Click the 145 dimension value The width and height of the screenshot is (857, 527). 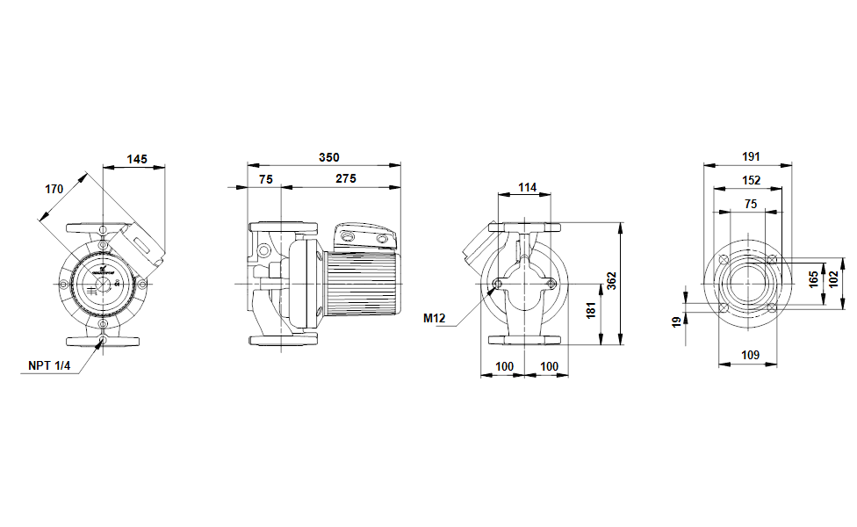pyautogui.click(x=137, y=159)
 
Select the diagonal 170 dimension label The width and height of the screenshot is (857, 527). pyautogui.click(x=54, y=189)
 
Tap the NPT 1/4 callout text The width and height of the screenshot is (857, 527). pyautogui.click(x=49, y=365)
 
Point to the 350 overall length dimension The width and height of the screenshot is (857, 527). pyautogui.click(x=329, y=157)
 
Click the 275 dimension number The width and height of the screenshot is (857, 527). pyautogui.click(x=346, y=179)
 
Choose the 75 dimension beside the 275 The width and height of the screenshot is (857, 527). pyautogui.click(x=266, y=179)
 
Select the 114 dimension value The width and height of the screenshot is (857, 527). pyautogui.click(x=528, y=187)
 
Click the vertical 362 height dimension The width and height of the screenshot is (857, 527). pyautogui.click(x=612, y=281)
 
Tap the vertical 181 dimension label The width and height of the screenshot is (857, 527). pyautogui.click(x=591, y=310)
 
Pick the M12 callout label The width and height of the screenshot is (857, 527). pyautogui.click(x=435, y=318)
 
